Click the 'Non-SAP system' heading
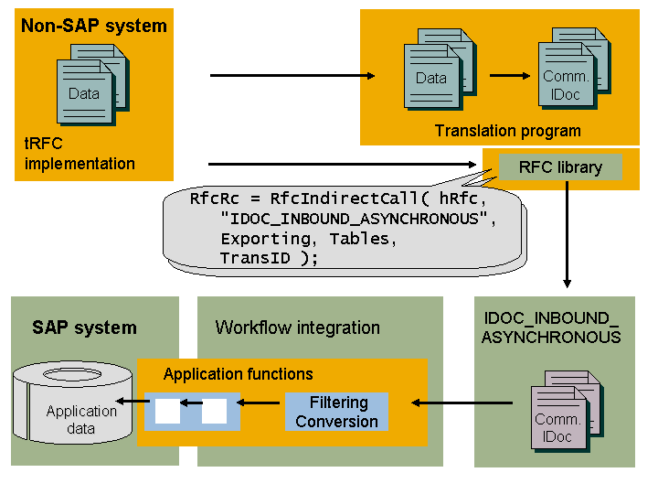point(93,26)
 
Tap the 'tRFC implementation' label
point(80,154)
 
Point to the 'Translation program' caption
point(507,131)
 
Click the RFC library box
point(560,167)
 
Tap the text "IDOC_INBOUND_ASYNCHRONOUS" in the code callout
point(350,219)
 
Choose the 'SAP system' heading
point(84,328)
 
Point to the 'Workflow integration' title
point(297,328)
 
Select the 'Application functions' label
point(238,374)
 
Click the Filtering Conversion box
point(336,412)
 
